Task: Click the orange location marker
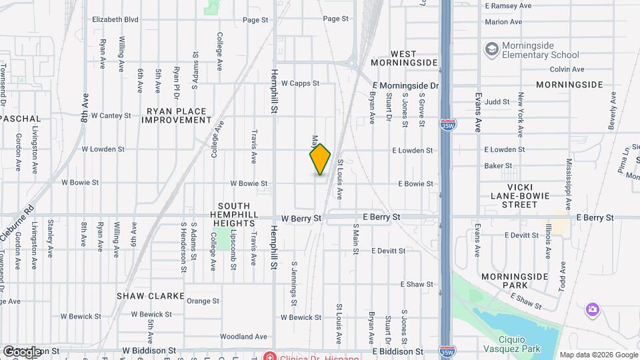(320, 159)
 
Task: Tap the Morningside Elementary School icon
(492, 49)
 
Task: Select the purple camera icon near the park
(591, 309)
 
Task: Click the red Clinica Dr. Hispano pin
(269, 355)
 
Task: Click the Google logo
(22, 351)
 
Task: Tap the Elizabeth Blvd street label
(115, 20)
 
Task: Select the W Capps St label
(300, 84)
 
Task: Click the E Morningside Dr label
(406, 86)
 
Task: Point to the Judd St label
(497, 102)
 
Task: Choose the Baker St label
(498, 166)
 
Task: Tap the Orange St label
(203, 301)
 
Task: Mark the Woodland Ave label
(243, 337)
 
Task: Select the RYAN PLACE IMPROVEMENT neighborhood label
(176, 115)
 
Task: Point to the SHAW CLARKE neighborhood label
(145, 295)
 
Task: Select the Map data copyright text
(598, 355)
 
